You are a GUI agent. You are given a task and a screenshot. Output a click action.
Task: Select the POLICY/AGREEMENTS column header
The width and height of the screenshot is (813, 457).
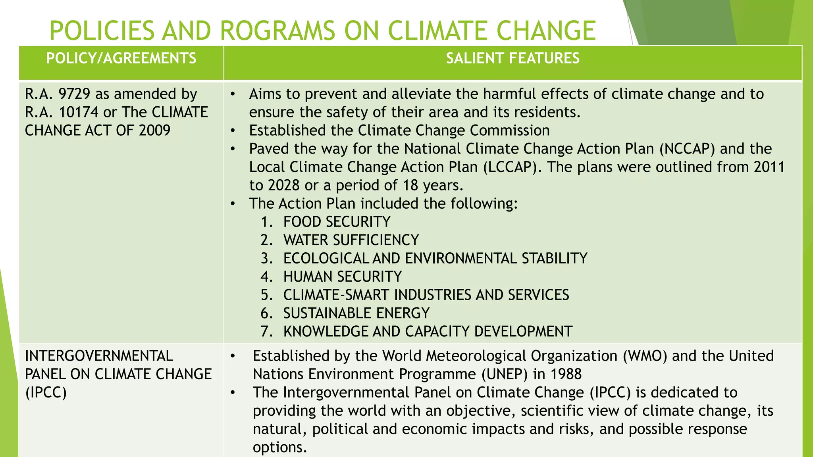pyautogui.click(x=121, y=59)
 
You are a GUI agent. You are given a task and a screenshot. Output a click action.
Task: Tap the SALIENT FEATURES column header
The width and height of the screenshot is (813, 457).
pyautogui.click(x=512, y=59)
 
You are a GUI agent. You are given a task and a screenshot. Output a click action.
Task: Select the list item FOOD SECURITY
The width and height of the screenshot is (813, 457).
pyautogui.click(x=337, y=222)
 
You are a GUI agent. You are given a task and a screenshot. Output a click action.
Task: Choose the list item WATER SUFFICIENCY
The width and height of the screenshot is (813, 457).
pyautogui.click(x=351, y=240)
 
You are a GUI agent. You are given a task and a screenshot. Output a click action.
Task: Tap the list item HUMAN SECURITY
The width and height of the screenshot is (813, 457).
pyautogui.click(x=342, y=277)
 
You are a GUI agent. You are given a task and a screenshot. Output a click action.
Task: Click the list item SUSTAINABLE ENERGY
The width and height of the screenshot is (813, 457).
pyautogui.click(x=356, y=313)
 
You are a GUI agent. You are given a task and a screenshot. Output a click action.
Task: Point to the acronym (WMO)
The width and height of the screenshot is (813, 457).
pyautogui.click(x=645, y=356)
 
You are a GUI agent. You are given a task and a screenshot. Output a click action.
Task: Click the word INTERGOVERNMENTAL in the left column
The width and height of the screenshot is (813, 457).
pyautogui.click(x=99, y=356)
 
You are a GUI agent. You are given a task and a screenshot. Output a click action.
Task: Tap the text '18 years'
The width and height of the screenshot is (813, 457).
pyautogui.click(x=432, y=185)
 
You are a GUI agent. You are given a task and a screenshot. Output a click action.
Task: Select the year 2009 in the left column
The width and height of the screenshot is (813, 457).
pyautogui.click(x=154, y=131)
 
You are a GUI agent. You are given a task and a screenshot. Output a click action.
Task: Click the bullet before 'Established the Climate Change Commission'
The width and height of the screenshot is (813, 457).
pyautogui.click(x=233, y=131)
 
